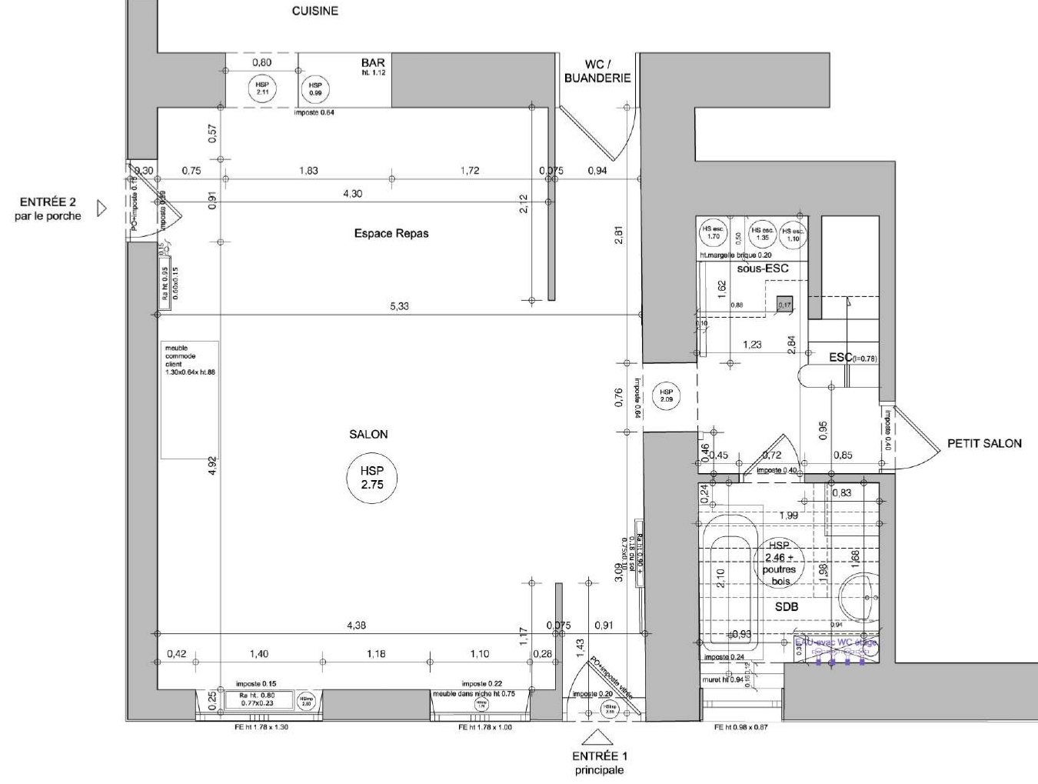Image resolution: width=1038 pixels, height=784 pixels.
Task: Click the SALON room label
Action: click(368, 435)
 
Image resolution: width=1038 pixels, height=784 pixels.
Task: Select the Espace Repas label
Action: click(391, 233)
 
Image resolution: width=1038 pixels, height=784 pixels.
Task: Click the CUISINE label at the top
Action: click(314, 12)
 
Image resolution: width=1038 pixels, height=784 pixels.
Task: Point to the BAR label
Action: click(373, 63)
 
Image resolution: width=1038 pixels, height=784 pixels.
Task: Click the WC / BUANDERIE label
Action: click(597, 71)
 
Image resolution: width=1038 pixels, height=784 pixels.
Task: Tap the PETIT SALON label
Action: click(983, 443)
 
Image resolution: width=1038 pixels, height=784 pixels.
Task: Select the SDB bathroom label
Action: click(786, 607)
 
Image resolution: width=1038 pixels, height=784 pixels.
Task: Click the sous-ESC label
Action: click(762, 269)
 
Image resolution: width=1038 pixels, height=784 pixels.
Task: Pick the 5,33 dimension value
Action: click(399, 306)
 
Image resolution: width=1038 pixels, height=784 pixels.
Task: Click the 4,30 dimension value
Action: click(352, 194)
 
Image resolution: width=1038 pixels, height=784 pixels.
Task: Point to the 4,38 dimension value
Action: click(356, 626)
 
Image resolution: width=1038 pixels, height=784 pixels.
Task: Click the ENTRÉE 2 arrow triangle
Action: click(101, 209)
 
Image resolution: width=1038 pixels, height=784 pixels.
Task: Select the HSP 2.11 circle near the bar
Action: click(262, 88)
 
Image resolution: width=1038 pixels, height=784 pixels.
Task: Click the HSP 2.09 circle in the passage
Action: click(666, 396)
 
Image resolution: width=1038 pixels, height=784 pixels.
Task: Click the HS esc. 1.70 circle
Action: click(713, 233)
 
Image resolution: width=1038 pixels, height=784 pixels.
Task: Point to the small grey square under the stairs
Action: click(784, 304)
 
